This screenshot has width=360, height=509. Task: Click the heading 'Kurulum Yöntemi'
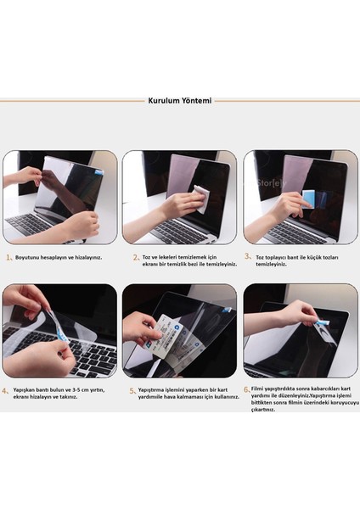pos(179,99)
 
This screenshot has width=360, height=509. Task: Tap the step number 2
pos(134,255)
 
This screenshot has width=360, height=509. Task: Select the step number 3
pos(248,255)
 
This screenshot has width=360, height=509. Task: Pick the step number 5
pos(132,391)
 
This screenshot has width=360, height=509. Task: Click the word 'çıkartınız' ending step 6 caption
pos(262,410)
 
